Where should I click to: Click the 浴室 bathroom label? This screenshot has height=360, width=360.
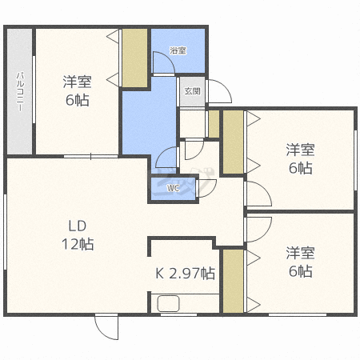pos(178,50)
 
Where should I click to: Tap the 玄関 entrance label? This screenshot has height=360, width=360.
pos(192,91)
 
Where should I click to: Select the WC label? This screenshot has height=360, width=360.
pos(174,188)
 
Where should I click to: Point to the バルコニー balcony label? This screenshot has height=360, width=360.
pos(20,91)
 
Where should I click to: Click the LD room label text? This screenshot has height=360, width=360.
pos(78,226)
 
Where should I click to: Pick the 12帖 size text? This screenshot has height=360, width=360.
pos(78,244)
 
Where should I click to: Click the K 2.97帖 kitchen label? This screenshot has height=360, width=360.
pos(185,274)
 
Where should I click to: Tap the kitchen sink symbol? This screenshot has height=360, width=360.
pos(169,303)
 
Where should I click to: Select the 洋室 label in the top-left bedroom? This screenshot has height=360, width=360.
pos(78,82)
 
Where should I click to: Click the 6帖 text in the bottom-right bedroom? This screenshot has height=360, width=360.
pos(301,271)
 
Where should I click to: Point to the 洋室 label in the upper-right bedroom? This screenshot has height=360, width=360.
pos(301,150)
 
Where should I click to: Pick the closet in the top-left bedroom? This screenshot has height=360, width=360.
pos(135,58)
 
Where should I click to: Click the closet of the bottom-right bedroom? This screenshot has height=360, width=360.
pos(234,281)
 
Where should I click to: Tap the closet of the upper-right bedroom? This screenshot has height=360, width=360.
pos(234,142)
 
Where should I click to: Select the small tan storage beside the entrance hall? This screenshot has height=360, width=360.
pos(214,124)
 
